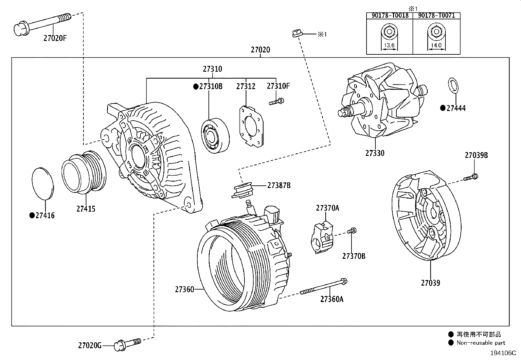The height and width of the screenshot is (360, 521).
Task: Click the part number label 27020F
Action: (55, 38)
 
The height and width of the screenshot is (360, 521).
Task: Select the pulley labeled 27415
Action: (84, 171)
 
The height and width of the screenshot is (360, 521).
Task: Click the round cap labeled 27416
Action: (43, 183)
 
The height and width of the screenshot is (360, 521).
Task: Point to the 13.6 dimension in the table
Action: (389, 46)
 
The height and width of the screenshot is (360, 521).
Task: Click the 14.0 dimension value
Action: (436, 46)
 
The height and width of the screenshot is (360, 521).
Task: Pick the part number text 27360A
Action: (332, 299)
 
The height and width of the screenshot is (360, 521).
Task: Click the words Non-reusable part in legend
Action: (481, 343)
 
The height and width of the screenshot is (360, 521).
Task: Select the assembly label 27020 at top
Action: (260, 50)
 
